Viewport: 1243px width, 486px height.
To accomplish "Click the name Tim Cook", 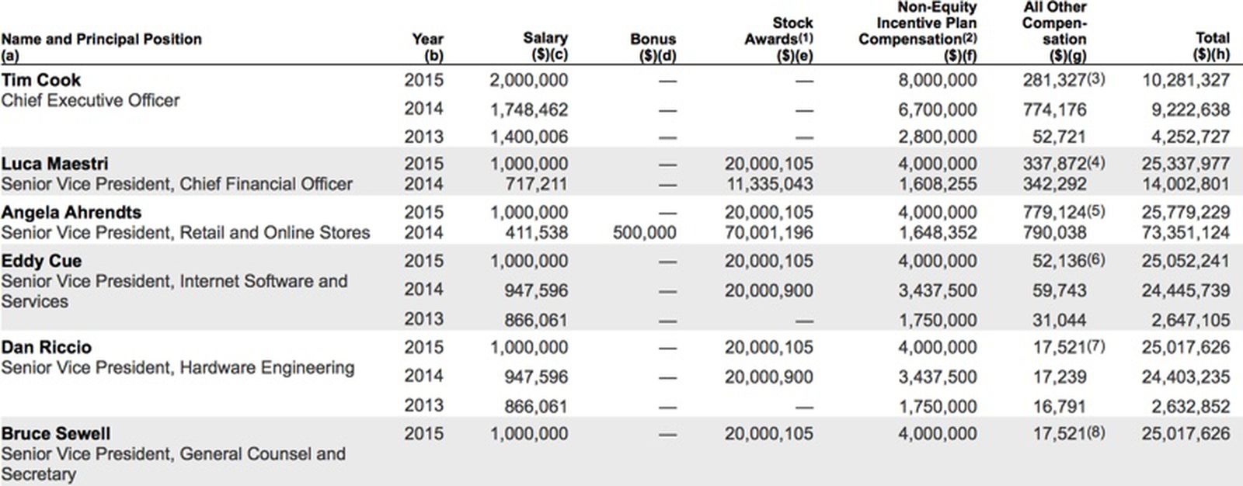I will [40, 80].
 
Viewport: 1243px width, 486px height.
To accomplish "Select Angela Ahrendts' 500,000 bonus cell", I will [644, 232].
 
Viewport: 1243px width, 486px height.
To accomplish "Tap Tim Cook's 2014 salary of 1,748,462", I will [528, 109].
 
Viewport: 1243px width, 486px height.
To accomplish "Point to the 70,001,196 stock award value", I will [768, 232].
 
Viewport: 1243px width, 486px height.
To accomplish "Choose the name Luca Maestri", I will [54, 164].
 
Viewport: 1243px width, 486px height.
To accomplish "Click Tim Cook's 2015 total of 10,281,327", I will [1186, 80].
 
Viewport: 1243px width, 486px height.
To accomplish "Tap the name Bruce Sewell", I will [55, 433].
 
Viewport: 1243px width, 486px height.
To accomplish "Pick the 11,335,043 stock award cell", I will [768, 184].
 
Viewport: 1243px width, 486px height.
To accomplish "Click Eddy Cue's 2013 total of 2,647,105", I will [1186, 319].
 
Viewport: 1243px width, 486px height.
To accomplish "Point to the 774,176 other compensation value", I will [1053, 109].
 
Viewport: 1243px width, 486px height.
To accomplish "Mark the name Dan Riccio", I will [46, 347].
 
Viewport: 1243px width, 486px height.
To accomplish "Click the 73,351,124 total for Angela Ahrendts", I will [1186, 232].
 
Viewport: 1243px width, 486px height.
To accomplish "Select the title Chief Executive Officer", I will [90, 100].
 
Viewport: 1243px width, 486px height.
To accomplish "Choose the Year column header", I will [427, 46].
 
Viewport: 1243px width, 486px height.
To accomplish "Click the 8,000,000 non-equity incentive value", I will [937, 80].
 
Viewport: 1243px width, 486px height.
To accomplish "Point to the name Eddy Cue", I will [41, 261].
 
